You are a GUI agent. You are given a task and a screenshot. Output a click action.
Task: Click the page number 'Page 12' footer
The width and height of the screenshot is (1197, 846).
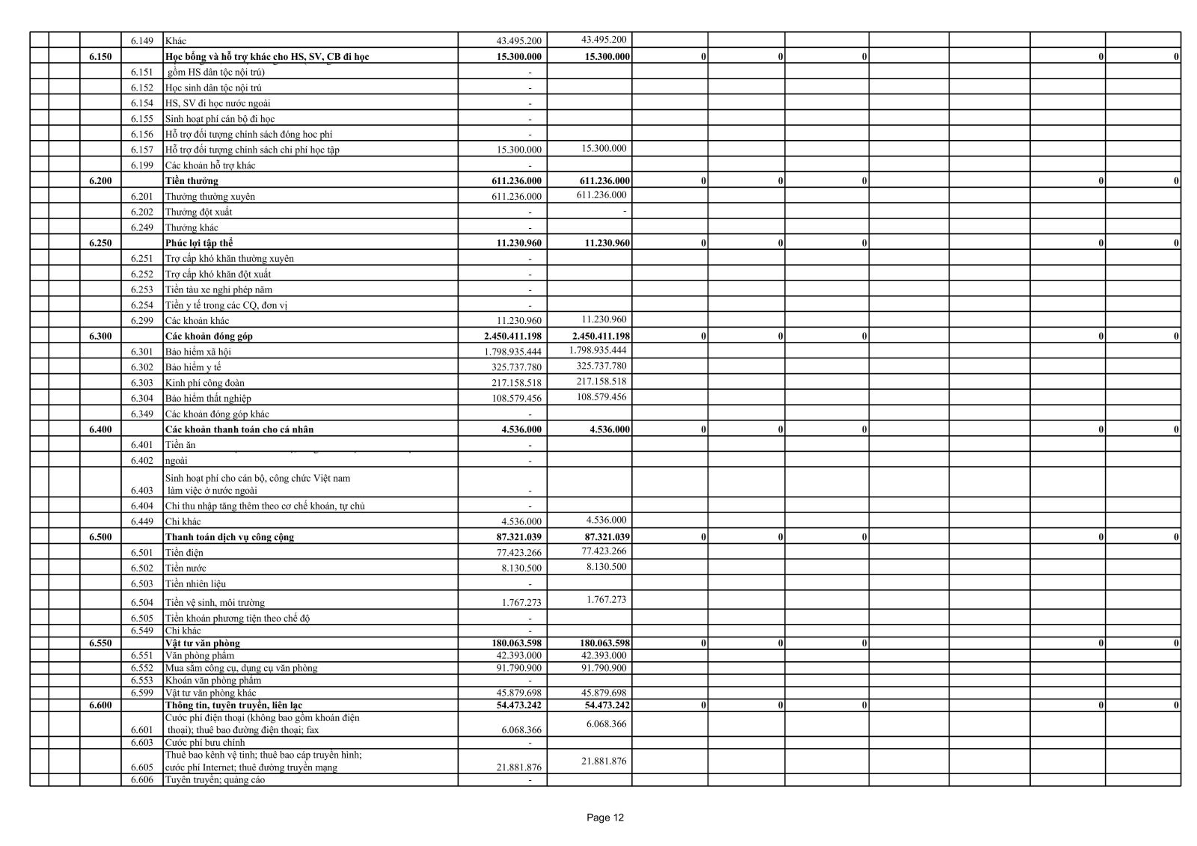[605, 818]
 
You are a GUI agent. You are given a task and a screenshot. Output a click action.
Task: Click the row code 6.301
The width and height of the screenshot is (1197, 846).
[141, 352]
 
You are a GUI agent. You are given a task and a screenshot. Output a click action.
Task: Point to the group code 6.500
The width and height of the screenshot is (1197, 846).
[100, 537]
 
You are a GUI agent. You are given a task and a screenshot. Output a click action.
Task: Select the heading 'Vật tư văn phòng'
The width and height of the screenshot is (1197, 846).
[202, 643]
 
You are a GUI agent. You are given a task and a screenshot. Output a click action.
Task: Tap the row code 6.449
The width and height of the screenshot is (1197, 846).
[141, 521]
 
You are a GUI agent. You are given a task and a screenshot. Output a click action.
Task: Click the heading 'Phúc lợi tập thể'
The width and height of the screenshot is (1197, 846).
[198, 243]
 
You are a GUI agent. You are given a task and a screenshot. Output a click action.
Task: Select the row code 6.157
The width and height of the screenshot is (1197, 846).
[141, 150]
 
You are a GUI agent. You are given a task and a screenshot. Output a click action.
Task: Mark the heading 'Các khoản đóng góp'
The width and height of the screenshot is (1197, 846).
[209, 337]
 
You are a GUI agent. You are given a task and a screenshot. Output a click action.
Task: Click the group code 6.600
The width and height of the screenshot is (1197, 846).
[100, 705]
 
